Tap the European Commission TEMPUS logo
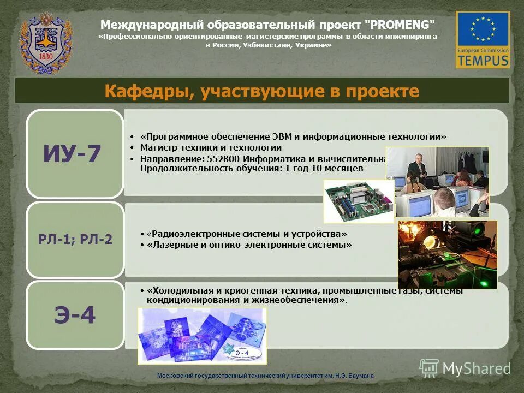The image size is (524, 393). click(x=483, y=39)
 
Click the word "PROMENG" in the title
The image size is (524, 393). click(x=400, y=25)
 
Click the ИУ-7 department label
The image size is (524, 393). click(x=73, y=154)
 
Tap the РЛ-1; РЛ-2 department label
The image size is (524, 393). click(x=75, y=239)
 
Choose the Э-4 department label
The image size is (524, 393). click(x=75, y=316)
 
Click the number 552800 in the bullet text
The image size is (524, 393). click(x=224, y=159)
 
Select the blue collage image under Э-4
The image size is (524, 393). click(x=201, y=335)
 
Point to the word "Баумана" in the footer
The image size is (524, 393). click(x=361, y=376)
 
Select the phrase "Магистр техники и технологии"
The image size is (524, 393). click(x=211, y=147)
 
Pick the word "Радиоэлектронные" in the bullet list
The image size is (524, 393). click(x=186, y=234)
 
